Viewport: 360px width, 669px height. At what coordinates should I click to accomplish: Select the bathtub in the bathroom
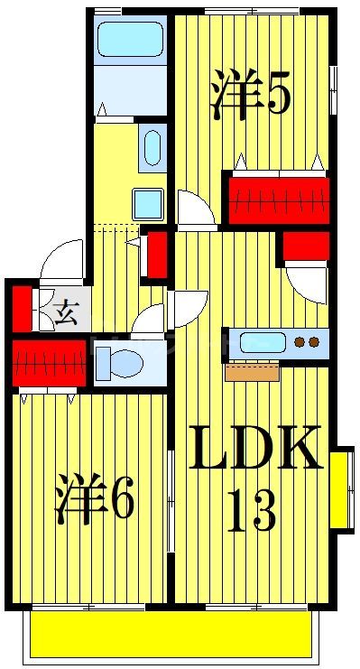(128, 40)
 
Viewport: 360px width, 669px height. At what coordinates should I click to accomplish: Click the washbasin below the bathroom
(152, 146)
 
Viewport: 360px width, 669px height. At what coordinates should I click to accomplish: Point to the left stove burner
(300, 342)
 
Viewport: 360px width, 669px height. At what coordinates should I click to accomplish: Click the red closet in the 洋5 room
(276, 200)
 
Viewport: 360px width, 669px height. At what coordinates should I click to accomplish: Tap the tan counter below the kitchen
(252, 371)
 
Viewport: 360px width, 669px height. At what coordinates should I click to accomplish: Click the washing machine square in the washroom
(147, 203)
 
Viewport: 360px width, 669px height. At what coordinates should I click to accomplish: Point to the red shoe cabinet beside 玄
(20, 308)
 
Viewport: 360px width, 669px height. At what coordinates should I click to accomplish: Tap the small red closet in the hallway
(157, 255)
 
